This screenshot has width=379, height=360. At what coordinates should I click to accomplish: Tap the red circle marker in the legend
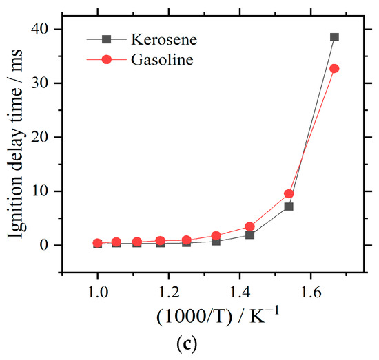[107, 60]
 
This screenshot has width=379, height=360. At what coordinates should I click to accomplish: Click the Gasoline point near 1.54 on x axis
[289, 193]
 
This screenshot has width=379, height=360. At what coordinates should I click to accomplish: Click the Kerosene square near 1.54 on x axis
[289, 207]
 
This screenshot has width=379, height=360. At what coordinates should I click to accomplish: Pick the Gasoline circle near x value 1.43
[249, 226]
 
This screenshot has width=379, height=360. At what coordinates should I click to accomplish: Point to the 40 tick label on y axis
[48, 29]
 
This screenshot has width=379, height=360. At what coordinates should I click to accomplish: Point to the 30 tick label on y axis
[48, 83]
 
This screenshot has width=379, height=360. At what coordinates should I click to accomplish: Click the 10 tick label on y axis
[48, 191]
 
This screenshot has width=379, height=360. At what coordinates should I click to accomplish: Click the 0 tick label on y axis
[51, 245]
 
